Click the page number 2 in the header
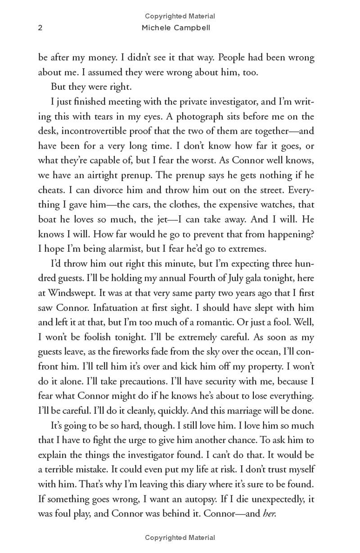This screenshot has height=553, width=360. click(x=40, y=28)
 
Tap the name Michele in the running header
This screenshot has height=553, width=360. click(x=155, y=28)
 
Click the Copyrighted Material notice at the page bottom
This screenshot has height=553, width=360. click(x=180, y=537)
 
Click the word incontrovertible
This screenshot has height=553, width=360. click(x=108, y=131)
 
